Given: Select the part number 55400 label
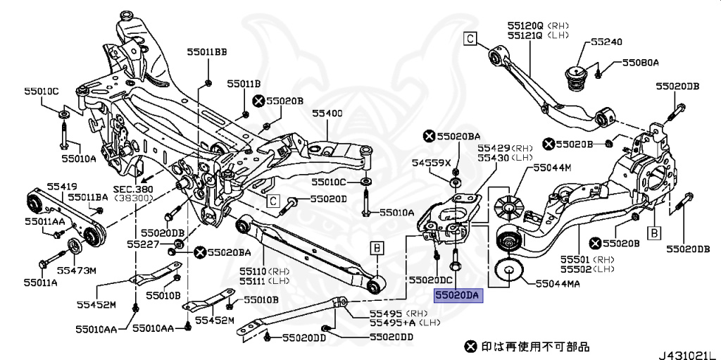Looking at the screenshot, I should (327, 113).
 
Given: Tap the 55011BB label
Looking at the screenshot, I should (207, 52).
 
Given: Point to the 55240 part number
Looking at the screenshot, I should (606, 42).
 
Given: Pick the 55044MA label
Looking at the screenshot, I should (558, 284).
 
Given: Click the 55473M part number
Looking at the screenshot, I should (76, 270).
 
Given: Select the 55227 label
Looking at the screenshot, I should (144, 244).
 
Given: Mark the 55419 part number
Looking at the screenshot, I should (62, 186).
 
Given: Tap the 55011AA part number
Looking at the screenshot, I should (44, 221).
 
